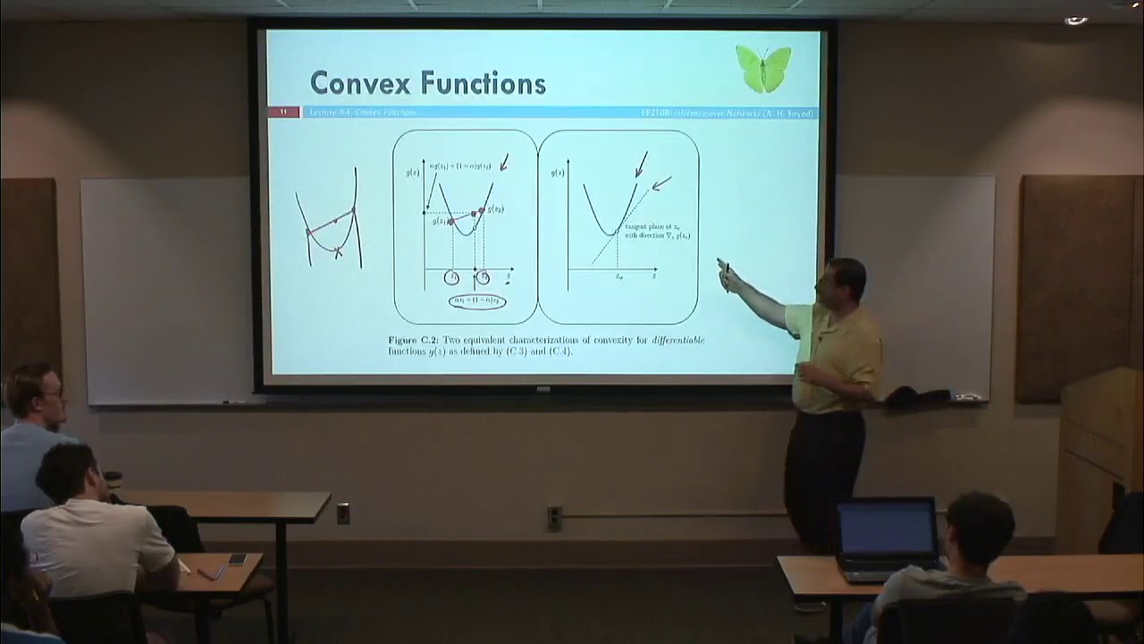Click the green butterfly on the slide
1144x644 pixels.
tap(763, 68)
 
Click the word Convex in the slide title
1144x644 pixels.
tap(361, 83)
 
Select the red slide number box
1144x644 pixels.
tap(283, 112)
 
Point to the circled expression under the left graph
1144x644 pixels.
tap(477, 301)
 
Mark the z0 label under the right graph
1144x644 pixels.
tap(618, 276)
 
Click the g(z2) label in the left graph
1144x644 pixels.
tap(493, 208)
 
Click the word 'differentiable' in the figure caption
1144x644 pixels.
tap(677, 340)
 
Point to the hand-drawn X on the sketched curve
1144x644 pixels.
tap(338, 253)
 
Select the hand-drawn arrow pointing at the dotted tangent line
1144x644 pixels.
tap(661, 183)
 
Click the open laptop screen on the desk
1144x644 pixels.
tap(887, 529)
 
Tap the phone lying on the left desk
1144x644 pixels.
tap(237, 559)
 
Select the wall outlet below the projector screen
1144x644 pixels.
tap(554, 517)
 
